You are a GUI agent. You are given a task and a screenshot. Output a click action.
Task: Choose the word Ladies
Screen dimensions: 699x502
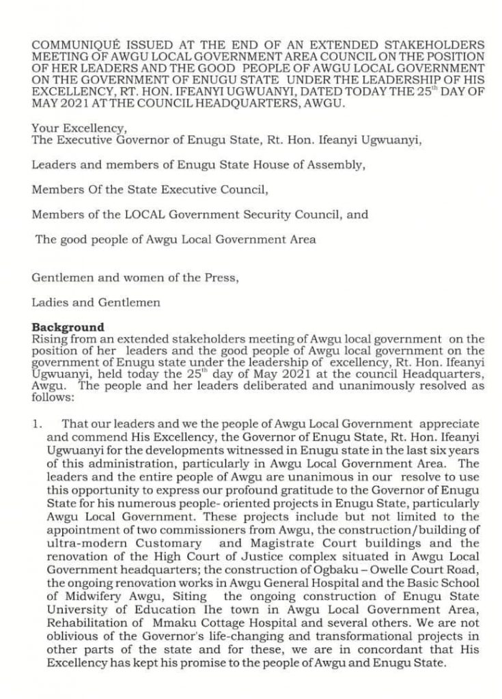coord(50,302)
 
